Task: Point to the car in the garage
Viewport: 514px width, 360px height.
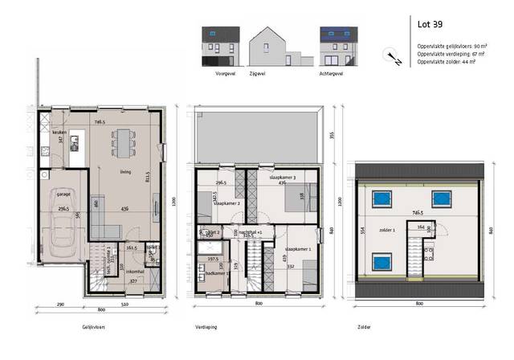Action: pos(61,226)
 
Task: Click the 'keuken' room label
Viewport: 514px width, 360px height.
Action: pos(59,132)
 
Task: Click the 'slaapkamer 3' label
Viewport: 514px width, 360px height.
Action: pos(284,177)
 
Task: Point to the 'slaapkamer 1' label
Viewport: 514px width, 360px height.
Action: pos(298,250)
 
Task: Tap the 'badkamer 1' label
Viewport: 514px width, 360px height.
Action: pos(217,274)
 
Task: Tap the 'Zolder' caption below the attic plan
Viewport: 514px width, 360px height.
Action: pos(365,328)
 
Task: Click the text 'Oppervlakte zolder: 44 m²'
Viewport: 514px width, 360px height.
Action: pos(447,61)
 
